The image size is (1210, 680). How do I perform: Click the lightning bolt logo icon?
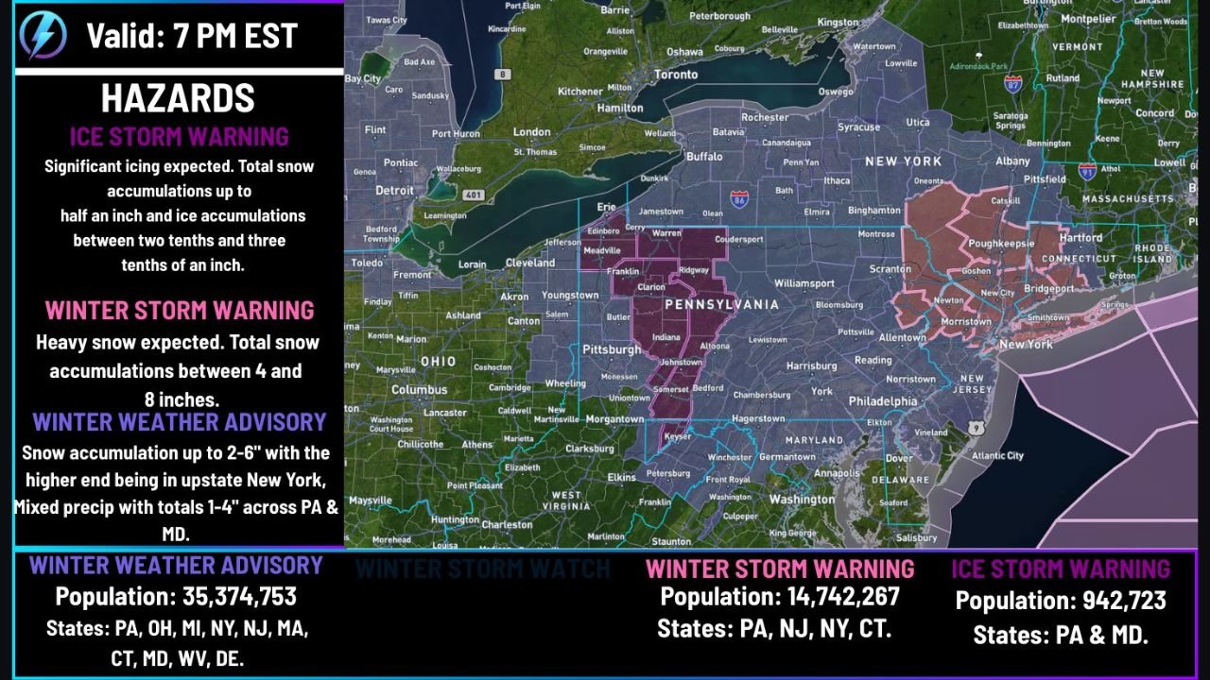[43, 36]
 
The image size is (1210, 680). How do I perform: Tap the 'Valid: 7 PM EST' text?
[192, 36]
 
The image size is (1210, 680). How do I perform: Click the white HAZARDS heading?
[178, 98]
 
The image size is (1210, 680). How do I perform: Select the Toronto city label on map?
[676, 75]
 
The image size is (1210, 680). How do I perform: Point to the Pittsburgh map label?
[613, 349]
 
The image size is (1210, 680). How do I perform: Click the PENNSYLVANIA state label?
[722, 305]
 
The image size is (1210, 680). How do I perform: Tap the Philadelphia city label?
[882, 400]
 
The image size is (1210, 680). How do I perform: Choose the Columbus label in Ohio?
[419, 389]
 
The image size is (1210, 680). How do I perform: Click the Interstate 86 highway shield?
[738, 199]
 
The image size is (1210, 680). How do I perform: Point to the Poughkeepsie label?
[1000, 243]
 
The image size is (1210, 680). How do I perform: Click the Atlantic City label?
[997, 455]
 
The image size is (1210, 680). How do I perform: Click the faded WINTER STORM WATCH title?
[483, 569]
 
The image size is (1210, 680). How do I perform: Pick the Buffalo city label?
[703, 157]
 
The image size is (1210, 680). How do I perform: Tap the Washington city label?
[802, 500]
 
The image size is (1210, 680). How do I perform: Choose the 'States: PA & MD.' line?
[1061, 635]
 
